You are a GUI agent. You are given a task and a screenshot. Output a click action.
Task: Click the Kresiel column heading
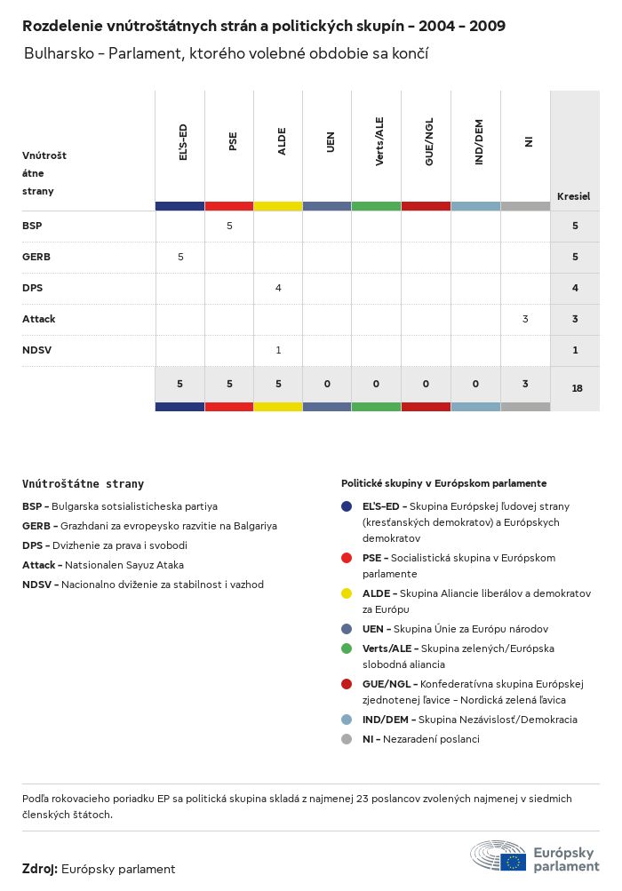pos(573,196)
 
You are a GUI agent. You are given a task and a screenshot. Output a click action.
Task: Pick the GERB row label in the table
pos(36,257)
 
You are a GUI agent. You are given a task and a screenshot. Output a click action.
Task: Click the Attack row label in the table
pos(39,319)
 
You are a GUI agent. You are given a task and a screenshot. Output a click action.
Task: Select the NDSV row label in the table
pos(37,350)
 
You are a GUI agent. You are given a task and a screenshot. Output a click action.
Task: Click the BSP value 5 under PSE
pos(229,226)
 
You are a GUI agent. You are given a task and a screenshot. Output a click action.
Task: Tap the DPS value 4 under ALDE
pos(278,288)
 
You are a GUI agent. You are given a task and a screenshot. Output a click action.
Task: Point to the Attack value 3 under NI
pos(525,319)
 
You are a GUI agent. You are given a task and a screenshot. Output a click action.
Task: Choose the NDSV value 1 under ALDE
pos(278,350)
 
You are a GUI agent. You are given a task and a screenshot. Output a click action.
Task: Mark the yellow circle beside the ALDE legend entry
pos(347,593)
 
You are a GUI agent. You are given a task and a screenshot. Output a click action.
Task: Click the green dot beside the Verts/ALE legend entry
pos(347,648)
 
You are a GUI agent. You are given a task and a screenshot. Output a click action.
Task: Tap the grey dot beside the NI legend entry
pos(347,739)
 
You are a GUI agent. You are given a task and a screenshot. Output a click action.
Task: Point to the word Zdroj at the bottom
pos(40,869)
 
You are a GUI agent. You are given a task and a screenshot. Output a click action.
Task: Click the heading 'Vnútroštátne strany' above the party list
pos(83,484)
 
